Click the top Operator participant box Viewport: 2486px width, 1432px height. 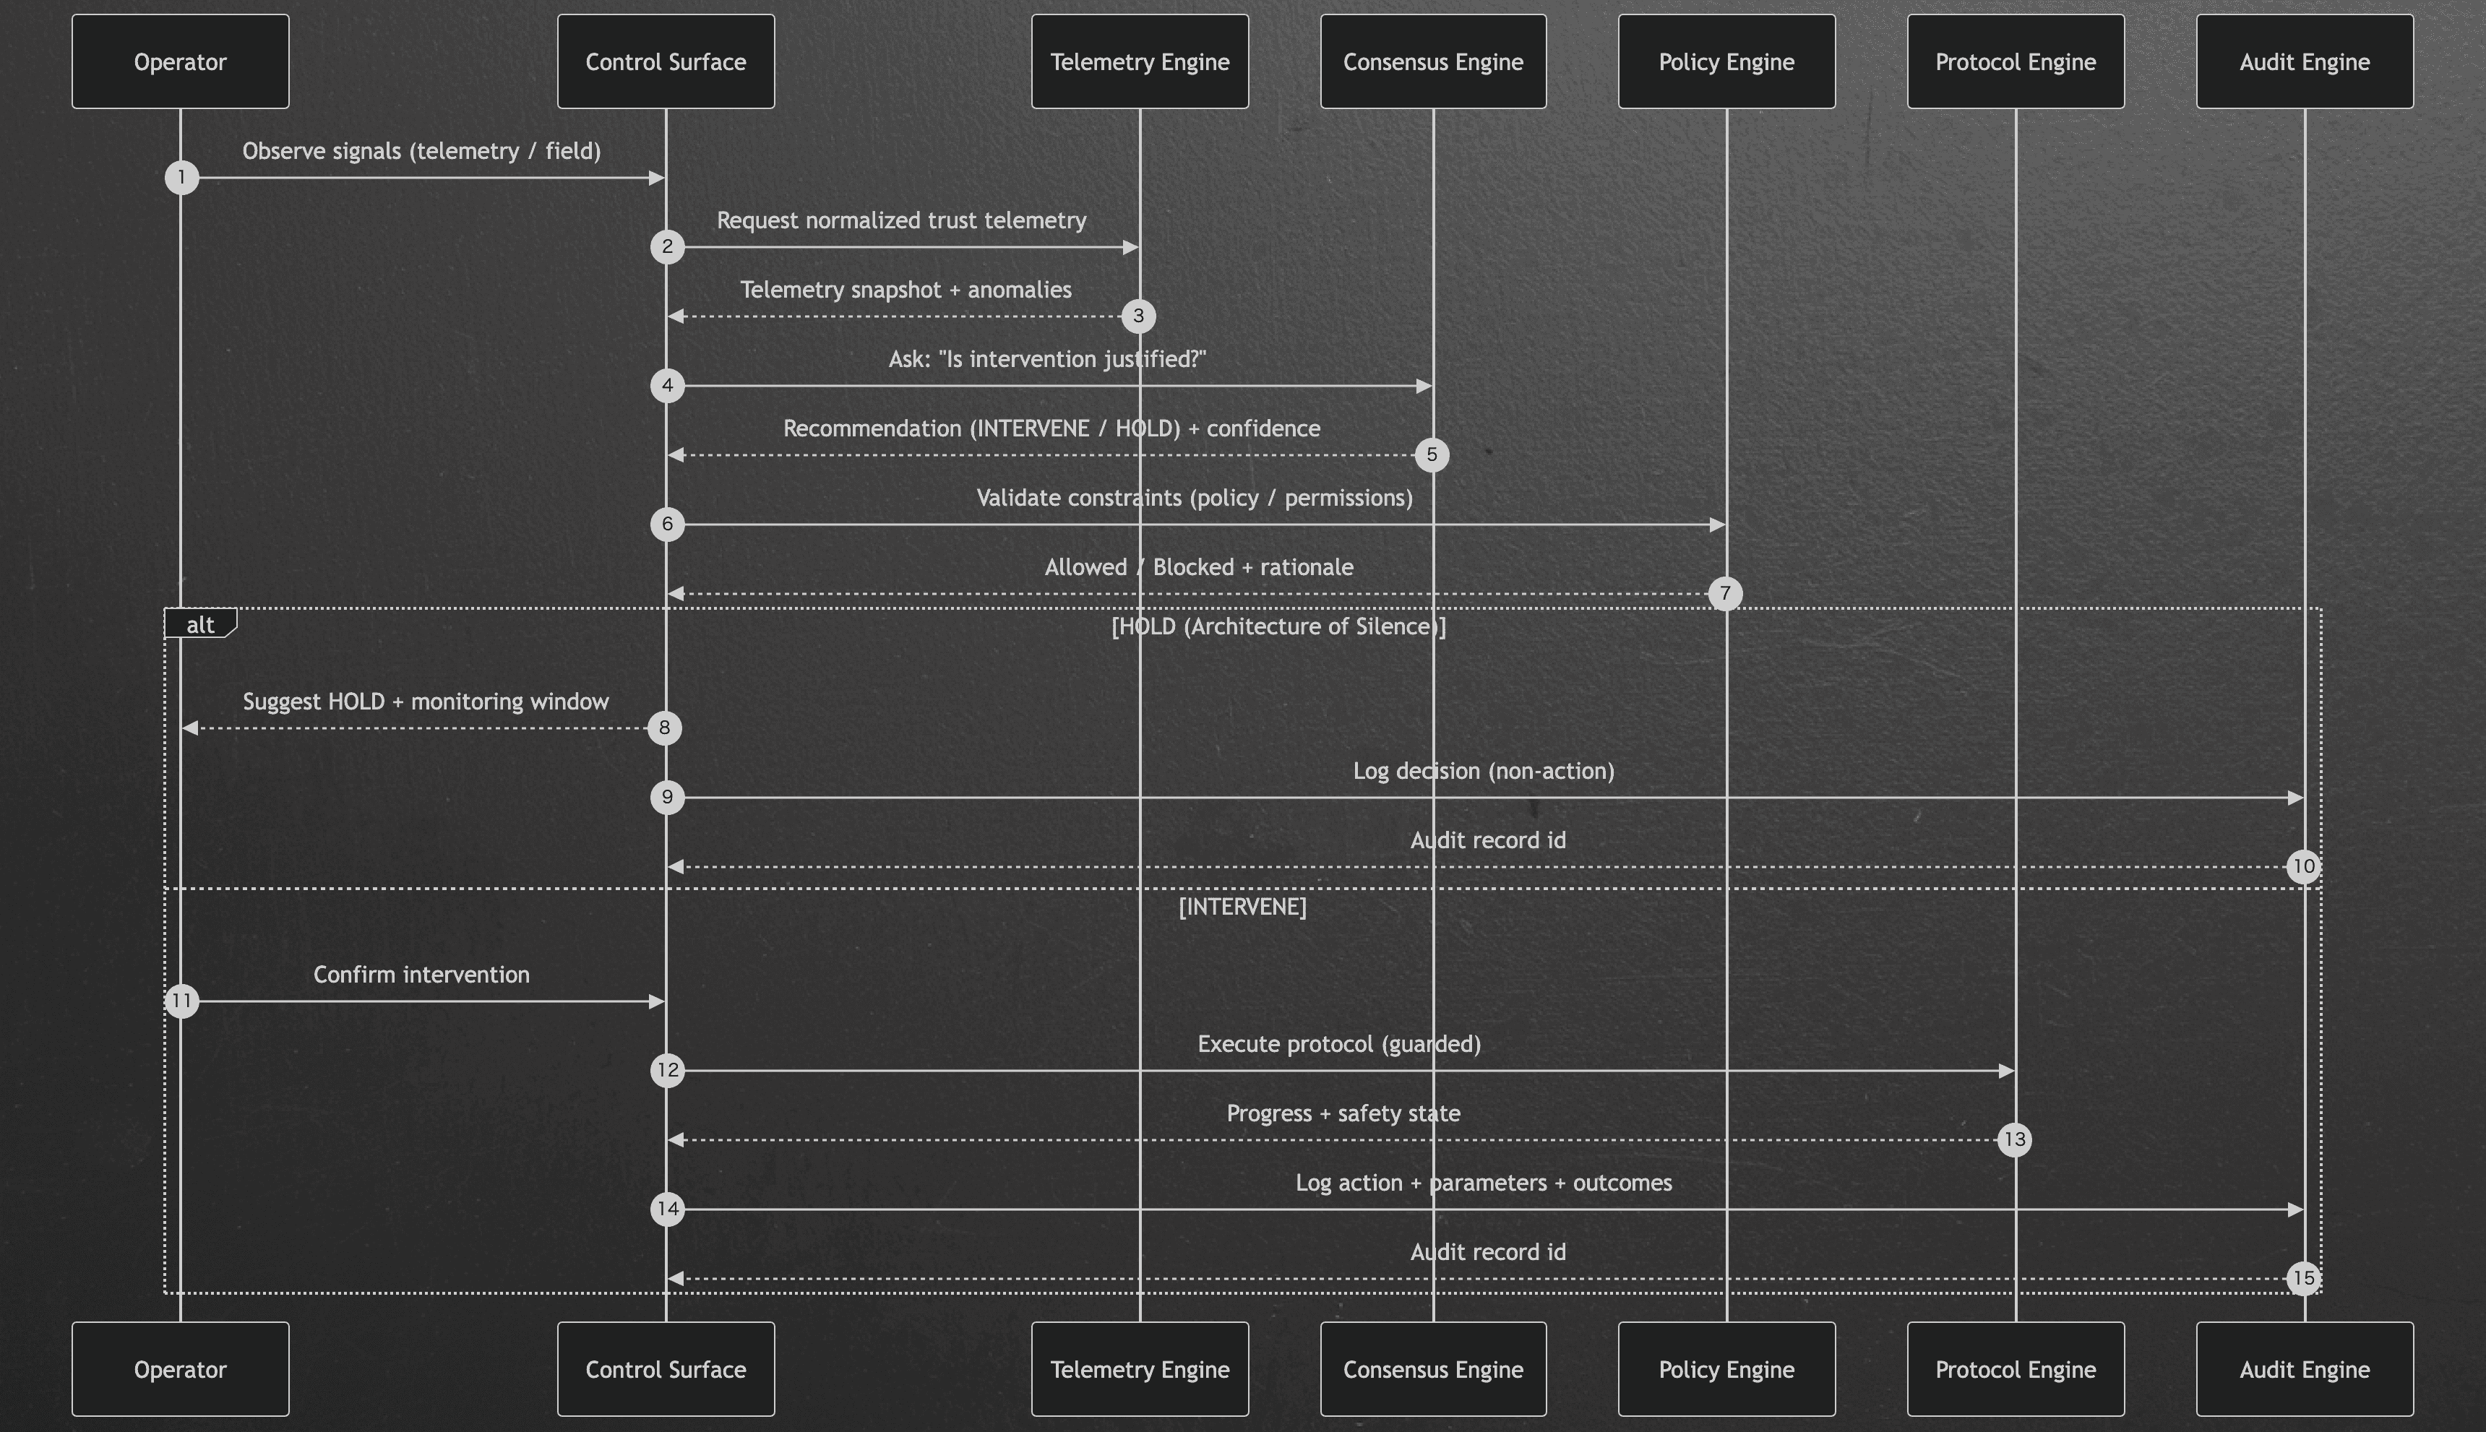pos(180,61)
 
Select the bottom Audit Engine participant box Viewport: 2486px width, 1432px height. pos(2304,1369)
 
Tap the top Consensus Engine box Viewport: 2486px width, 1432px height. pos(1432,61)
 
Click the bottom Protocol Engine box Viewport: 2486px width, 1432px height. pos(2015,1369)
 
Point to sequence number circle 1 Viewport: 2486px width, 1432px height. pos(181,178)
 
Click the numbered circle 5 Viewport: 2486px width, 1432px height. pos(1432,454)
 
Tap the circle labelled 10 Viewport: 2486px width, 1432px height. pos(2303,866)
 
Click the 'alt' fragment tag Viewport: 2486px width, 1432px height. pos(199,624)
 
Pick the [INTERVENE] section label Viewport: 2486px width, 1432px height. pos(1242,907)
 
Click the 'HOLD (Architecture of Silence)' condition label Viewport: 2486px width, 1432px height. pos(1278,626)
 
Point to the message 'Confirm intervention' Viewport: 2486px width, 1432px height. pos(421,975)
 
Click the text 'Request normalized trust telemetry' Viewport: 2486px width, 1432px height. pos(901,220)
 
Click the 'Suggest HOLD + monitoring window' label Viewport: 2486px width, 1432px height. pos(425,702)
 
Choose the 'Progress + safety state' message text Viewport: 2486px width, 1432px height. pos(1343,1113)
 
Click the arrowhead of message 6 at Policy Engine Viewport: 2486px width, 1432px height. pos(1718,525)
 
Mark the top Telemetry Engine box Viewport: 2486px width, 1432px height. pos(1139,61)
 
